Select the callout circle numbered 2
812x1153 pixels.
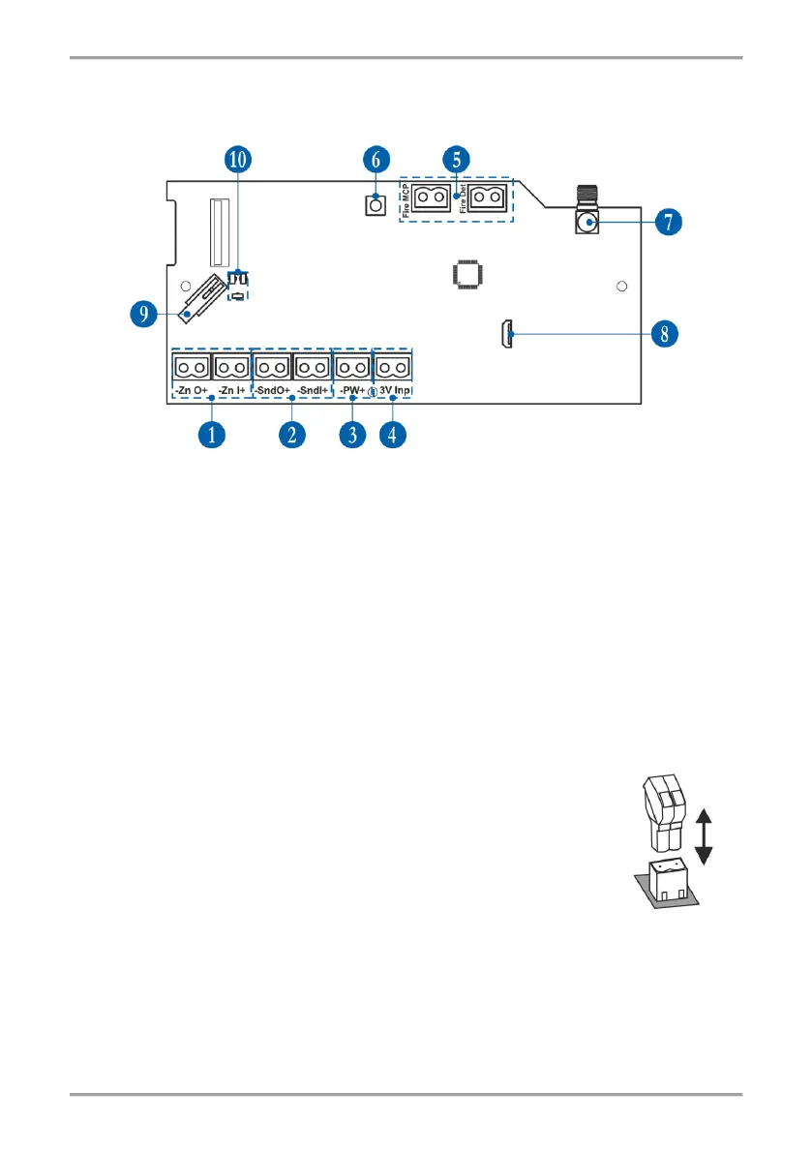tap(291, 435)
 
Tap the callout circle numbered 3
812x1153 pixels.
tap(352, 435)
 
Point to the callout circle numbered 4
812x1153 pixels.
tap(392, 435)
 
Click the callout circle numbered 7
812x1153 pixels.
tap(667, 222)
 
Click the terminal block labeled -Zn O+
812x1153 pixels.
tap(192, 368)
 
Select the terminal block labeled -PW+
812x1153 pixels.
tap(353, 368)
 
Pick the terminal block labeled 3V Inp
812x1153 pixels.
tap(393, 368)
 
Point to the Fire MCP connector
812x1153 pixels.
tap(433, 198)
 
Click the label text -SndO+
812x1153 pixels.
tap(272, 390)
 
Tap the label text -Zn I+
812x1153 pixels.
tap(232, 390)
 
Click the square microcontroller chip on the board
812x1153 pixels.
tap(467, 273)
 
